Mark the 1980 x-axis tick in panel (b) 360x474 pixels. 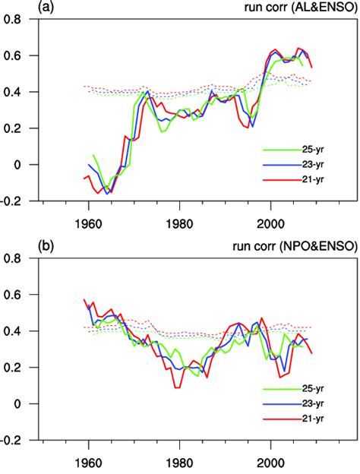coord(179,454)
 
